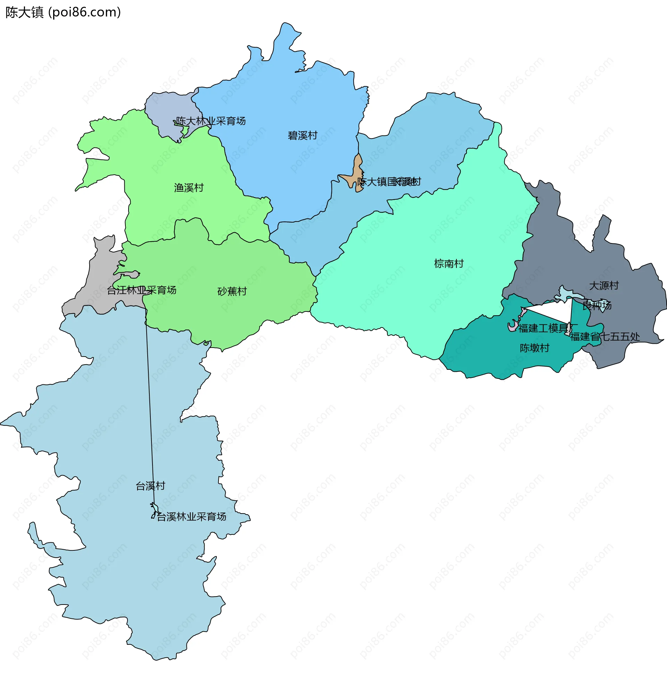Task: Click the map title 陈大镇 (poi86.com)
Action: point(63,13)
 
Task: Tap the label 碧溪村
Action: point(303,135)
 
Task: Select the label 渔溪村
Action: point(189,188)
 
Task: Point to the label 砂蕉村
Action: point(232,291)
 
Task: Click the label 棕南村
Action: point(449,264)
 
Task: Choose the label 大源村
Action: point(604,286)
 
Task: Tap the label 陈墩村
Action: point(535,348)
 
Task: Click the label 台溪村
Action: point(150,486)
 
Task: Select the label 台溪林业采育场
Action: point(191,517)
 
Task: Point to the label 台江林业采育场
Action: point(141,290)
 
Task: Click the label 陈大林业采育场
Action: point(211,121)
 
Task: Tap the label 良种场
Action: point(597,305)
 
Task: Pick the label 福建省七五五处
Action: point(605,337)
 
